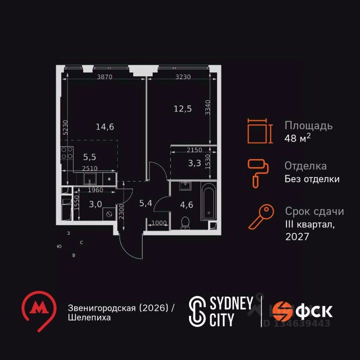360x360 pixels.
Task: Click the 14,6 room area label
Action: [x=105, y=127]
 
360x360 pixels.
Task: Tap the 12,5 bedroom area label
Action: [x=183, y=109]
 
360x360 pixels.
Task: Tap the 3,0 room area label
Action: [x=95, y=204]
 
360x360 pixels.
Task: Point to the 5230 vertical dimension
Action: [x=65, y=127]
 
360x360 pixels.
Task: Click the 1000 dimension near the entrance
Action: [x=159, y=223]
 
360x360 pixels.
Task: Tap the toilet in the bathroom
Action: [x=185, y=222]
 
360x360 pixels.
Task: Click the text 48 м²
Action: [x=298, y=138]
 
